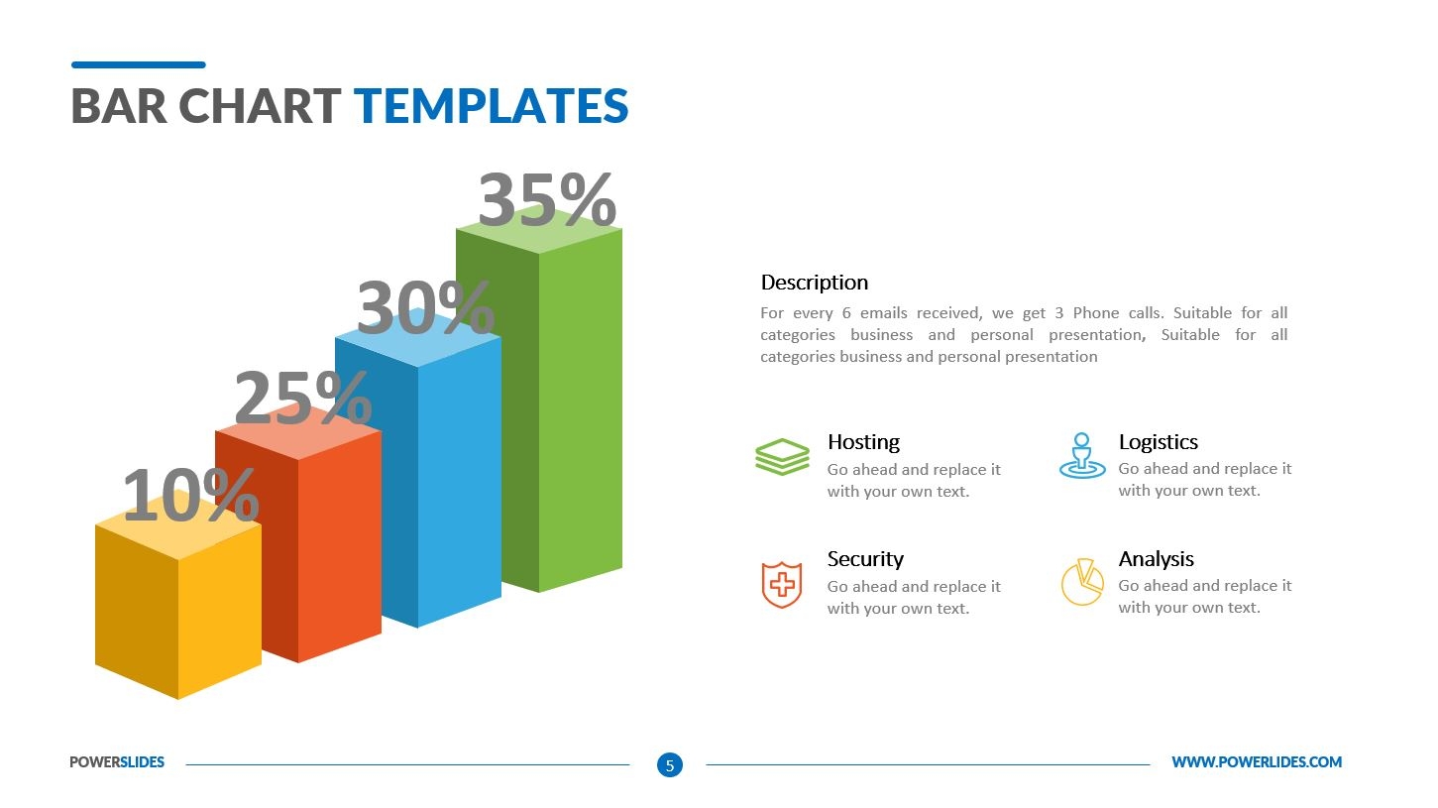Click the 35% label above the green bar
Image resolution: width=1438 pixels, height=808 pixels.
(x=547, y=200)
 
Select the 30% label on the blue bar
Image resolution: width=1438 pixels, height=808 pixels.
(x=425, y=308)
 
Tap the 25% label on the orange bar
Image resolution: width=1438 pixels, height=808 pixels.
(x=303, y=399)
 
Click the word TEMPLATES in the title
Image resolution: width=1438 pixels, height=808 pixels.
(x=491, y=106)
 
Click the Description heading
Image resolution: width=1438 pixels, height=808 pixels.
(x=814, y=283)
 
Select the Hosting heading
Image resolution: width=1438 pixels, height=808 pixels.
(x=863, y=442)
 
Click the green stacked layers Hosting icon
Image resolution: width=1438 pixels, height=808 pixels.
(x=782, y=457)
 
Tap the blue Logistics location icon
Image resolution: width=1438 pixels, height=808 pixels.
(x=1081, y=456)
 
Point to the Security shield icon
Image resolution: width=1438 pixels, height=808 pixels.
(x=781, y=584)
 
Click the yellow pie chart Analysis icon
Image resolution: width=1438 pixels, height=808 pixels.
(x=1081, y=582)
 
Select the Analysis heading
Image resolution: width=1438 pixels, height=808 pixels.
(x=1156, y=559)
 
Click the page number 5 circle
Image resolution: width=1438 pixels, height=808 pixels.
(x=670, y=764)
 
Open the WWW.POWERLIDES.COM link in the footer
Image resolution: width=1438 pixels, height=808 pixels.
(x=1256, y=762)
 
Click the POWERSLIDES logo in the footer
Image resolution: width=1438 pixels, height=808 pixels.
(x=117, y=762)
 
